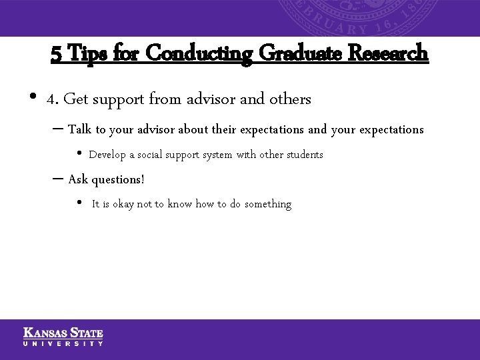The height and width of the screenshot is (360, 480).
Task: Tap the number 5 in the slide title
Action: click(x=56, y=53)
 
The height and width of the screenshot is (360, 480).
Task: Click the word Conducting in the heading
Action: click(x=198, y=53)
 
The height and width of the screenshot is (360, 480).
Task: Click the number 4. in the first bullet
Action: click(x=53, y=99)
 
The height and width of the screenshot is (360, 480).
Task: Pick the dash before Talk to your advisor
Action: click(x=57, y=129)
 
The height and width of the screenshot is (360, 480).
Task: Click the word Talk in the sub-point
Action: click(x=80, y=129)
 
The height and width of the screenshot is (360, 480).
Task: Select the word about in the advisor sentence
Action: click(x=193, y=129)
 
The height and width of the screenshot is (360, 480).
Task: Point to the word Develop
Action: click(x=107, y=155)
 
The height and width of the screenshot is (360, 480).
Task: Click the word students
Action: click(x=305, y=155)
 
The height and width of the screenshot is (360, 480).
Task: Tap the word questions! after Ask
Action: click(x=118, y=180)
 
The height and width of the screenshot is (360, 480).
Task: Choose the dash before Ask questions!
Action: click(x=57, y=179)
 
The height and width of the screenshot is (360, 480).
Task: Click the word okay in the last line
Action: click(x=123, y=204)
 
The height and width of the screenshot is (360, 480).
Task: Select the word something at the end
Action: click(x=268, y=204)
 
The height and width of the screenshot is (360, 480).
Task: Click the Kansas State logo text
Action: click(x=63, y=332)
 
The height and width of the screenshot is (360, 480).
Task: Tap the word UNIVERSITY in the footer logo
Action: click(x=63, y=343)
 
